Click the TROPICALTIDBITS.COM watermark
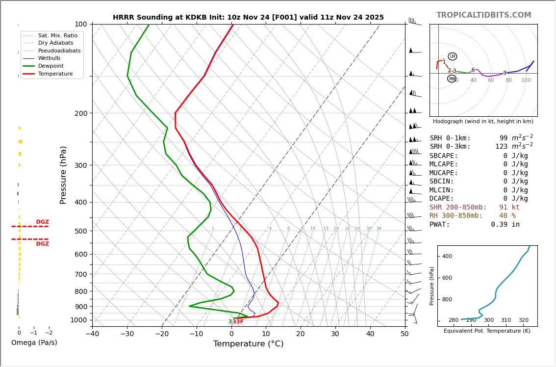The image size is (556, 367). [483, 15]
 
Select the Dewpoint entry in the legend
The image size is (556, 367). [51, 66]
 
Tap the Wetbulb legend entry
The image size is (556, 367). [49, 58]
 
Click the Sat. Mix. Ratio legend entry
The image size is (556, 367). [57, 35]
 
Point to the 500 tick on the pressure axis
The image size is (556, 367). [81, 231]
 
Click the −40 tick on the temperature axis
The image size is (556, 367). [92, 334]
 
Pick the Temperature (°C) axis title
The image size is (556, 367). [248, 344]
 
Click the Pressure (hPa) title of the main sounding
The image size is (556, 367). [64, 175]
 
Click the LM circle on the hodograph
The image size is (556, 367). [452, 56]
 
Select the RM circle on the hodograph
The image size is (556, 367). [452, 79]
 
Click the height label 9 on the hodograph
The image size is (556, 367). [505, 73]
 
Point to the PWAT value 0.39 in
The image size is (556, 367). [505, 225]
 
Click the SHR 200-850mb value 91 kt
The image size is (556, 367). [509, 208]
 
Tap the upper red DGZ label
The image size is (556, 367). [42, 222]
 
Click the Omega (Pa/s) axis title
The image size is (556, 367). [34, 343]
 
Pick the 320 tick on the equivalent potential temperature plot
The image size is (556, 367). [524, 320]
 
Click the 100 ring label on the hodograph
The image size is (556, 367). [526, 80]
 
